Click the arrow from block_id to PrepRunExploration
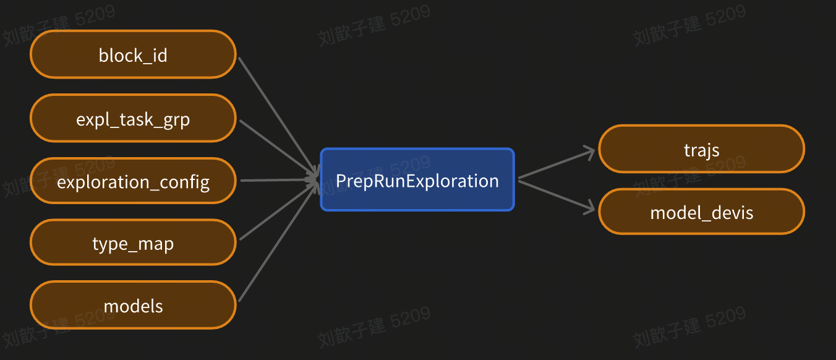pyautogui.click(x=275, y=114)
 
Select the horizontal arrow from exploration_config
pyautogui.click(x=278, y=181)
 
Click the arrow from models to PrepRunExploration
pyautogui.click(x=275, y=244)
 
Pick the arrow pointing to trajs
pyautogui.click(x=557, y=164)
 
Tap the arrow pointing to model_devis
pyautogui.click(x=557, y=196)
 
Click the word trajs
pyautogui.click(x=702, y=150)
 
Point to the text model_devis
pyautogui.click(x=702, y=213)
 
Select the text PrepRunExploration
pyautogui.click(x=417, y=181)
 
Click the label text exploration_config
pyautogui.click(x=133, y=182)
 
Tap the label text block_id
pyautogui.click(x=133, y=56)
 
